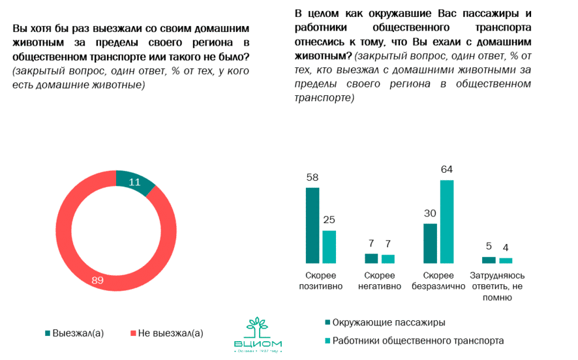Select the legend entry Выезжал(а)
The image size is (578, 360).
pos(74,333)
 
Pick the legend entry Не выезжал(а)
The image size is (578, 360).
pos(166,333)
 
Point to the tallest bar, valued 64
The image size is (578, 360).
pos(446,221)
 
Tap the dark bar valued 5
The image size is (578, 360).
pos(489,260)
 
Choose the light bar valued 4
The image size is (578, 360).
pos(506,260)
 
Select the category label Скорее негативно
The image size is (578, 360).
pos(380,281)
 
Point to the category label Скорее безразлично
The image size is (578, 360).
pos(438,281)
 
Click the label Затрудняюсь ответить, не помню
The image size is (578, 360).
pos(497,286)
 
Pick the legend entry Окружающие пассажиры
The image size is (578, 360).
pos(384,322)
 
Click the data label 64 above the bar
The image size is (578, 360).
pos(446,170)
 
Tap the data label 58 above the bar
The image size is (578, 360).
pos(312,177)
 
